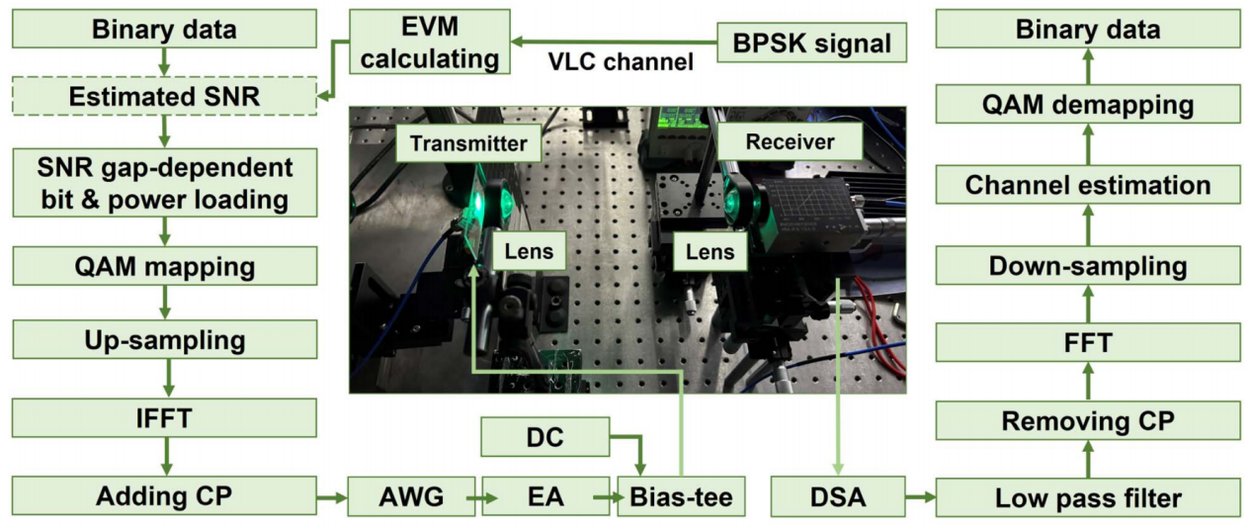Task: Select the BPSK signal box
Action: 812,44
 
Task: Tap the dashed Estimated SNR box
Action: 165,98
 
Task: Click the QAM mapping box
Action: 165,267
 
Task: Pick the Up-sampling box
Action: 165,341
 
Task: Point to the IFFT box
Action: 165,417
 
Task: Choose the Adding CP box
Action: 165,495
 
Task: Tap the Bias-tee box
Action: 681,496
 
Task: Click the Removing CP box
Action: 1088,420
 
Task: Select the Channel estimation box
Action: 1088,185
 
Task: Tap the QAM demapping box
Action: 1088,105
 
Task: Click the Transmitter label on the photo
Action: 468,144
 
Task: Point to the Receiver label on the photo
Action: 790,142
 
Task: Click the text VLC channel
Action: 621,63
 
